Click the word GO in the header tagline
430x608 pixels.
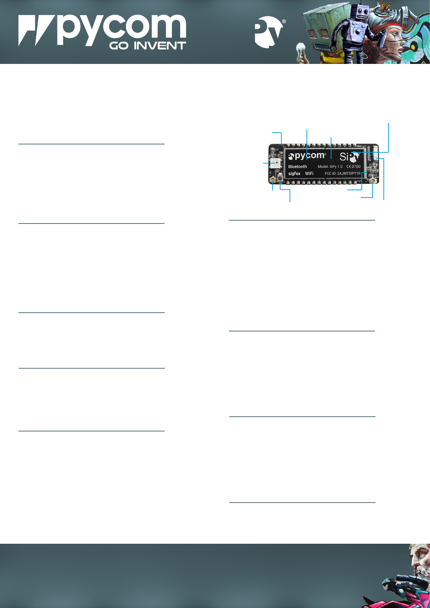(118, 46)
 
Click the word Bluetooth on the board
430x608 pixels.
(297, 167)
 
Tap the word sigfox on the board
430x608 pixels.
(294, 174)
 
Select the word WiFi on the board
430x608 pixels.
(309, 174)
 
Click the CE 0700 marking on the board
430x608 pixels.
(353, 167)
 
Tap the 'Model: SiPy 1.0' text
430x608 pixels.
(330, 167)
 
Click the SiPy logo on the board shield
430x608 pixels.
(349, 157)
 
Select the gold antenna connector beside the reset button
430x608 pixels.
(273, 179)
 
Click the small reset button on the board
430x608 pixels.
(280, 178)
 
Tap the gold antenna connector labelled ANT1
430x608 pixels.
(372, 179)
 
